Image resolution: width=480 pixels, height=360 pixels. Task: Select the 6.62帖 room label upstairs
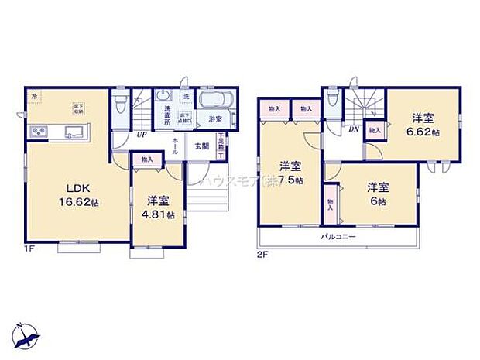[x=423, y=125]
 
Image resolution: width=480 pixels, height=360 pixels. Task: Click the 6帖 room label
[x=376, y=192]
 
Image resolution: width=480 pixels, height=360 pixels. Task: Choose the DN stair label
[x=353, y=131]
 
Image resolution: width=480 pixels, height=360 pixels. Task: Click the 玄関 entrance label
[x=201, y=146]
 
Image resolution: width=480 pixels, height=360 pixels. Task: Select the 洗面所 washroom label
[x=165, y=115]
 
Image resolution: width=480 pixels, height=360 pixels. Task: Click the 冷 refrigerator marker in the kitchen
[x=33, y=95]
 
